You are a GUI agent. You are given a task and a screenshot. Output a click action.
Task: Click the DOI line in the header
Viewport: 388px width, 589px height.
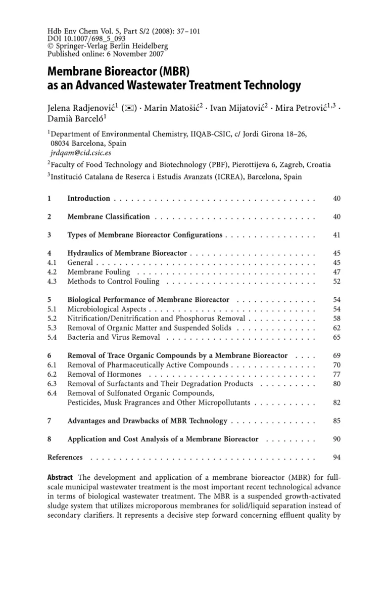click(79, 38)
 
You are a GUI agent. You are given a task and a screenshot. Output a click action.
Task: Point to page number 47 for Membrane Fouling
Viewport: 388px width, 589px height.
click(336, 273)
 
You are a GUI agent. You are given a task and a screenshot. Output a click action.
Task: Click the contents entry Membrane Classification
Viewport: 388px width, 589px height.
click(109, 217)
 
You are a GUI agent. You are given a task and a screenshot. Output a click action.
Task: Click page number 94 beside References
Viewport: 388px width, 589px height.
click(336, 458)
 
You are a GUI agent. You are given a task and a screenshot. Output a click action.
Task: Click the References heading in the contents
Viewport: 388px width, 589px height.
click(65, 458)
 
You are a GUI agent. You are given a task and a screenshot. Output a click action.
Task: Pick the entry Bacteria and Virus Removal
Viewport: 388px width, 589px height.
click(114, 337)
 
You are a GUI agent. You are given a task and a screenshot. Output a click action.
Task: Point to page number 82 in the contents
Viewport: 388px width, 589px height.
click(336, 402)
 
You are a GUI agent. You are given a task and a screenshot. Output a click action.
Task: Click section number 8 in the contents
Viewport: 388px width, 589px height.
click(50, 439)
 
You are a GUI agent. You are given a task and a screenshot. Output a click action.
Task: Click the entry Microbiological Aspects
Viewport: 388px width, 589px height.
click(107, 309)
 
